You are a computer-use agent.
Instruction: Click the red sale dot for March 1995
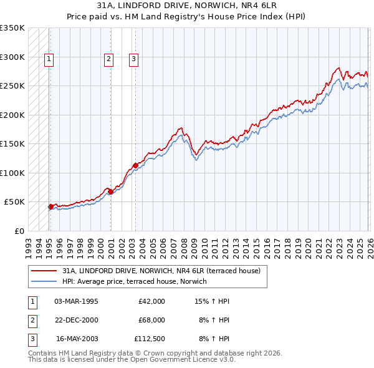click(x=50, y=206)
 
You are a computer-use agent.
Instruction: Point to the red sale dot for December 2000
click(x=110, y=191)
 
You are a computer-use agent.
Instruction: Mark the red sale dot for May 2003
click(x=135, y=166)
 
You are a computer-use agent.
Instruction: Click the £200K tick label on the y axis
click(x=12, y=115)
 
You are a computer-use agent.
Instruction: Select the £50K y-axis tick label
click(x=15, y=202)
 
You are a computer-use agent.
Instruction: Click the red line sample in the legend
click(x=44, y=271)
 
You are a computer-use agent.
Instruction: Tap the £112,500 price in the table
click(x=150, y=339)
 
